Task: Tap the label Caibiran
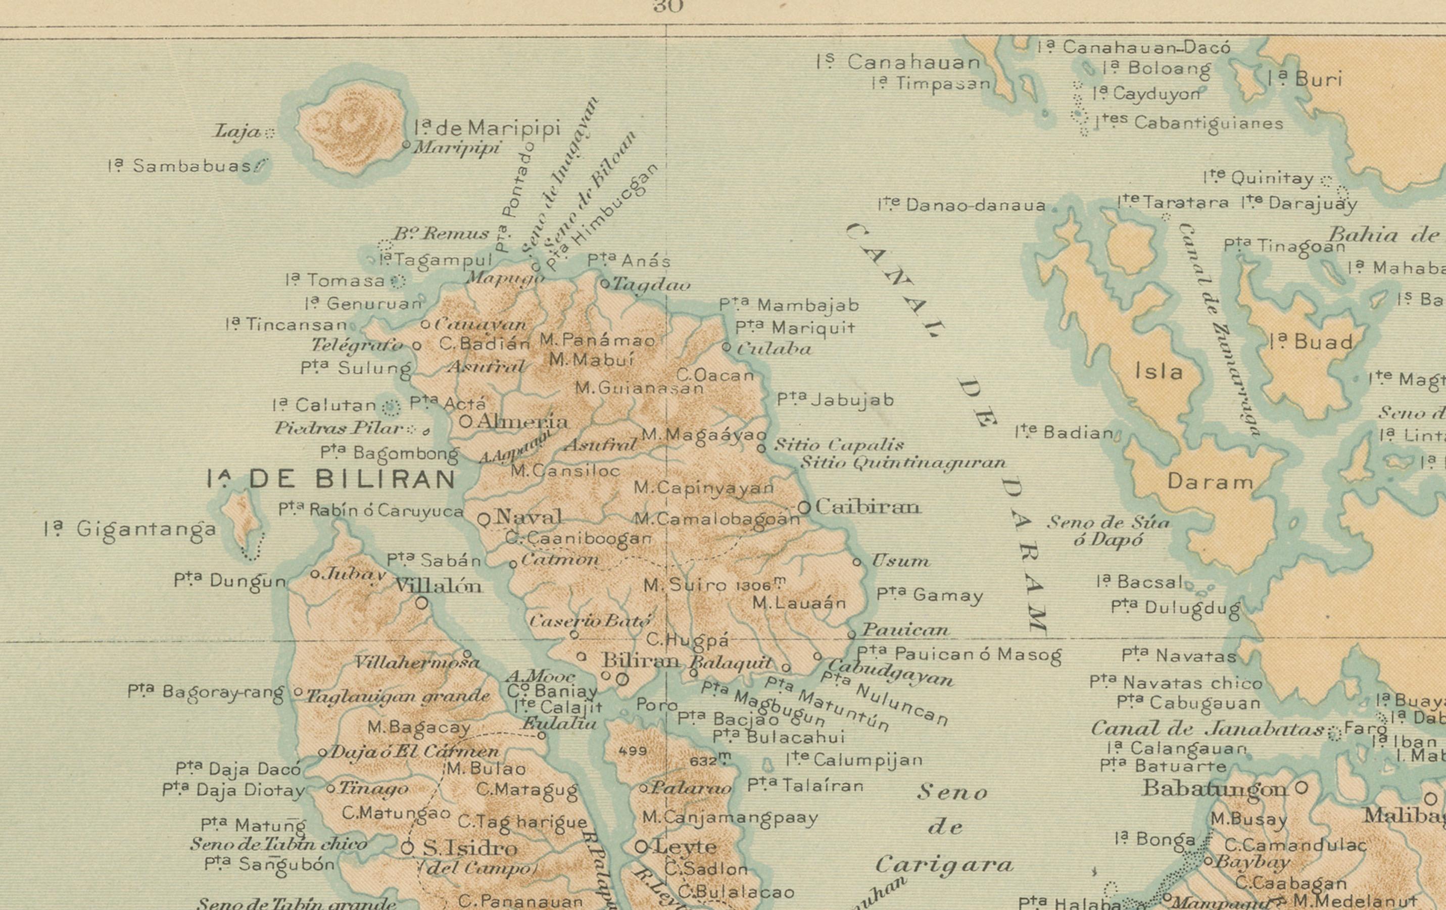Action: (867, 507)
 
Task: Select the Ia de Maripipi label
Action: (487, 128)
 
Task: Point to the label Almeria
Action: (521, 421)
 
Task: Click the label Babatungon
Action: (1214, 788)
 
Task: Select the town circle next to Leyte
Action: (641, 847)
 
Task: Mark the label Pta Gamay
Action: (930, 595)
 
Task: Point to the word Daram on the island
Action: (1210, 482)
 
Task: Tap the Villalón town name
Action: (438, 585)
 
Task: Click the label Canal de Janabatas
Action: (1207, 729)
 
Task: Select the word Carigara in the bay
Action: (944, 865)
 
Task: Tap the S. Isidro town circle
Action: (408, 847)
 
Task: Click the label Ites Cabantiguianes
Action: (1189, 123)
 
